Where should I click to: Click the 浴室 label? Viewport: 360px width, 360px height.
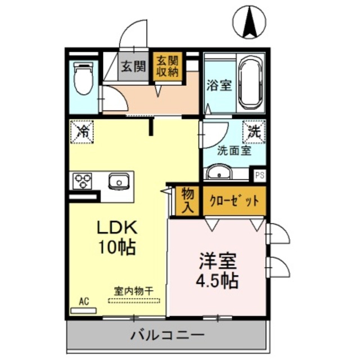[x=219, y=85]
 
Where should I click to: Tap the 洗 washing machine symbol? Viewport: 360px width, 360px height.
[x=255, y=132]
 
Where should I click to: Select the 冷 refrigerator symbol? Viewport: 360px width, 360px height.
[x=83, y=133]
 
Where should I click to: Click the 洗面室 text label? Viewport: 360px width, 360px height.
[x=235, y=150]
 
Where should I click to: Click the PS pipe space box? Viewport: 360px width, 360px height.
[x=259, y=175]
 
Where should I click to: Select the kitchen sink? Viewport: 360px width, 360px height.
[x=119, y=181]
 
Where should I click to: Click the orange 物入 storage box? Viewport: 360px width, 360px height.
[x=187, y=200]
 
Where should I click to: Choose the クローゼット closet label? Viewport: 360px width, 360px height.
[x=233, y=201]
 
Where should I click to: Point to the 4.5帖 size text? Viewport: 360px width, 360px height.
[x=217, y=280]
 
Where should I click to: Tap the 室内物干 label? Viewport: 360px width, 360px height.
[x=134, y=291]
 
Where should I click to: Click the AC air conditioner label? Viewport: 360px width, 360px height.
[x=84, y=301]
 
